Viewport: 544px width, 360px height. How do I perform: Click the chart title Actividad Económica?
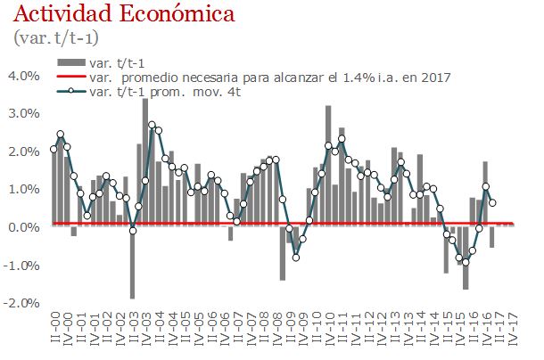[125, 15]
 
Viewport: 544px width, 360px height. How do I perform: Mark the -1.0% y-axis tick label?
[21, 265]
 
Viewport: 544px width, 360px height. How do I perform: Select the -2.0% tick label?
[21, 303]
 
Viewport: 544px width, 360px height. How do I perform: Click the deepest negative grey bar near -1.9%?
[132, 262]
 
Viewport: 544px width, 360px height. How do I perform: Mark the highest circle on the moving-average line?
[152, 125]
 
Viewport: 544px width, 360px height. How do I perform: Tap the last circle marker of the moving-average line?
[493, 202]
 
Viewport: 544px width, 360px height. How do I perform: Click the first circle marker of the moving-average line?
[54, 149]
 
